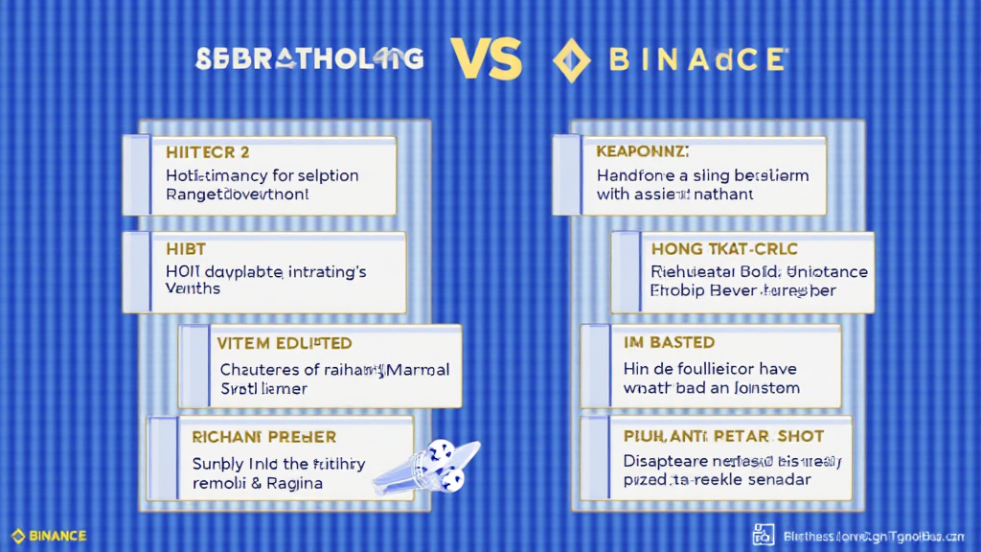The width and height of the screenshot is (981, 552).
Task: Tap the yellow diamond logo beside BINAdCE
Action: click(x=572, y=61)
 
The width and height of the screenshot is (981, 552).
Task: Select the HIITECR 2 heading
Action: click(x=208, y=152)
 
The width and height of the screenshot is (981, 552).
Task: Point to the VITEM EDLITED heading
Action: click(x=285, y=343)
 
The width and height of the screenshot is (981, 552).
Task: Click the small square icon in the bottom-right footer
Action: click(x=764, y=535)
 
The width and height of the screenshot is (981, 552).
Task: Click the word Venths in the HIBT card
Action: click(x=193, y=288)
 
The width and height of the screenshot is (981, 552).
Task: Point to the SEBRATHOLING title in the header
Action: click(x=308, y=59)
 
